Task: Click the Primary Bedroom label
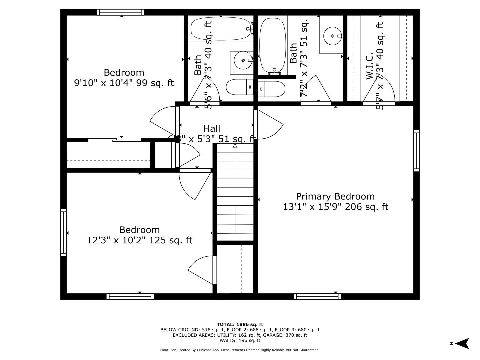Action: pyautogui.click(x=335, y=196)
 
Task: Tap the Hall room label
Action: pyautogui.click(x=212, y=128)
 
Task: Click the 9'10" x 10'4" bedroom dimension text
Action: pyautogui.click(x=124, y=83)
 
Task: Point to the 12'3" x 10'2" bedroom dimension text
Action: pyautogui.click(x=140, y=240)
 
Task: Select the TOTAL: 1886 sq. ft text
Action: pyautogui.click(x=240, y=324)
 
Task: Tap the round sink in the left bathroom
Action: pyautogui.click(x=242, y=60)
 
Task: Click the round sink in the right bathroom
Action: pyautogui.click(x=332, y=36)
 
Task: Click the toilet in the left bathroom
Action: pyautogui.click(x=239, y=88)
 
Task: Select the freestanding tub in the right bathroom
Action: pyautogui.click(x=272, y=45)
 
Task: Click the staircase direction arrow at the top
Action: pyautogui.click(x=235, y=146)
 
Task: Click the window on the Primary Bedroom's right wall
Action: pyautogui.click(x=416, y=151)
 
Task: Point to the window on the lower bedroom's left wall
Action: pyautogui.click(x=63, y=232)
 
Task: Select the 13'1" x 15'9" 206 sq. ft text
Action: pyautogui.click(x=335, y=207)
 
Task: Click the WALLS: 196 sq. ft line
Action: pyautogui.click(x=240, y=340)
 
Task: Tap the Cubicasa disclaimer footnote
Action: pyautogui.click(x=240, y=350)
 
